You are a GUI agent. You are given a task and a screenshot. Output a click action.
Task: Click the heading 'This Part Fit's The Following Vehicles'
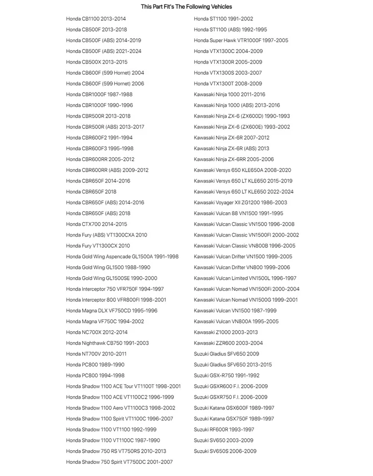click(x=186, y=7)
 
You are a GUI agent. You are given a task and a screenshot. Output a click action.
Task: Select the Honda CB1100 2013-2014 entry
click(x=96, y=19)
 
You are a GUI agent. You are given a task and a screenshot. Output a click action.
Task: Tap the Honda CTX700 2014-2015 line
click(x=97, y=224)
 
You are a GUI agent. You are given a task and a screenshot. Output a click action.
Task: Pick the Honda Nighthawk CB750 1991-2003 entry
click(x=107, y=343)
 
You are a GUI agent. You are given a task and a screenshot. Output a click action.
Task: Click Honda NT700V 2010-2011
click(x=96, y=354)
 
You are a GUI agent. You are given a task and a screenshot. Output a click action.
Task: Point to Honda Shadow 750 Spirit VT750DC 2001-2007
click(x=119, y=462)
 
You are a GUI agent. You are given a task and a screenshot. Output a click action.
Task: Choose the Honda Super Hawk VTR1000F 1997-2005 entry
click(x=241, y=41)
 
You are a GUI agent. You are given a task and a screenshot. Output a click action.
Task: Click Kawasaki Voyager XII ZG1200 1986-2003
click(x=240, y=202)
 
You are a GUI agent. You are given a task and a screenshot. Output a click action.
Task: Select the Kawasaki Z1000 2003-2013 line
click(x=226, y=332)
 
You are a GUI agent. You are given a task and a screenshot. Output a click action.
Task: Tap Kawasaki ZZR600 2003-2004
click(x=228, y=343)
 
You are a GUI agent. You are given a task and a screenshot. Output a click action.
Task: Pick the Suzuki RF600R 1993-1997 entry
click(x=224, y=429)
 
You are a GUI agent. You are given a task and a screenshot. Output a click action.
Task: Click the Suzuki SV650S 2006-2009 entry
click(x=225, y=451)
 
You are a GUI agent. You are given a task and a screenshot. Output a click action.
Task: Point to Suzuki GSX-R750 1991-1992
click(x=226, y=375)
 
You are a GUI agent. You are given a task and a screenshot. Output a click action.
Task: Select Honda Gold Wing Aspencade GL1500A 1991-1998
click(x=122, y=257)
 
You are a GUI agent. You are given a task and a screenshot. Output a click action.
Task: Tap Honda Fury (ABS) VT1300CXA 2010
click(x=107, y=235)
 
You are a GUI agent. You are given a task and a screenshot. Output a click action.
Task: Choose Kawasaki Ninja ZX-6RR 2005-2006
click(x=234, y=159)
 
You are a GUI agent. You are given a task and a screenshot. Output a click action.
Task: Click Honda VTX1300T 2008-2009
click(x=228, y=84)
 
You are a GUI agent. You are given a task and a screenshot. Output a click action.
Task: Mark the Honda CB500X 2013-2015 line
click(x=97, y=62)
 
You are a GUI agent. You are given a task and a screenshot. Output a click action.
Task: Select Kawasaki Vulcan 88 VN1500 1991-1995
click(x=239, y=213)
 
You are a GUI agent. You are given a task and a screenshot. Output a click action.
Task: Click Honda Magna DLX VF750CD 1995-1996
click(x=112, y=310)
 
